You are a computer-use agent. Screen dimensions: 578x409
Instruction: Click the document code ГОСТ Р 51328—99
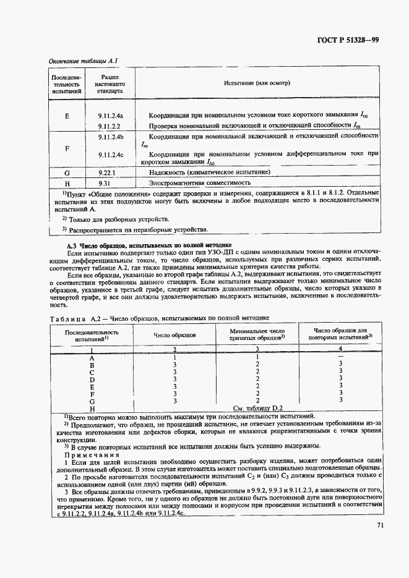click(x=349, y=41)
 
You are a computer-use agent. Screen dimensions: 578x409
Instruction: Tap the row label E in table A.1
click(x=67, y=116)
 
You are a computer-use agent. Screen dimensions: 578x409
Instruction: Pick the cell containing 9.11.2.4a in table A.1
click(x=111, y=116)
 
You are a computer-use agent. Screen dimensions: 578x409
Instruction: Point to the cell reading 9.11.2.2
click(x=108, y=127)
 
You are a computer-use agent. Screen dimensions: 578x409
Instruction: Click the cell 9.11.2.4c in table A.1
click(x=111, y=155)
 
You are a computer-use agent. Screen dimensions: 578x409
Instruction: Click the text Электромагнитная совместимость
click(x=199, y=184)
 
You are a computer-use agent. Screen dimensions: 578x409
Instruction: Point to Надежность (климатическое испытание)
click(x=209, y=172)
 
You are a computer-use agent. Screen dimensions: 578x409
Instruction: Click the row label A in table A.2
click(x=92, y=358)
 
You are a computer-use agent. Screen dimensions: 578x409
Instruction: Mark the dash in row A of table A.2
click(x=340, y=358)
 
